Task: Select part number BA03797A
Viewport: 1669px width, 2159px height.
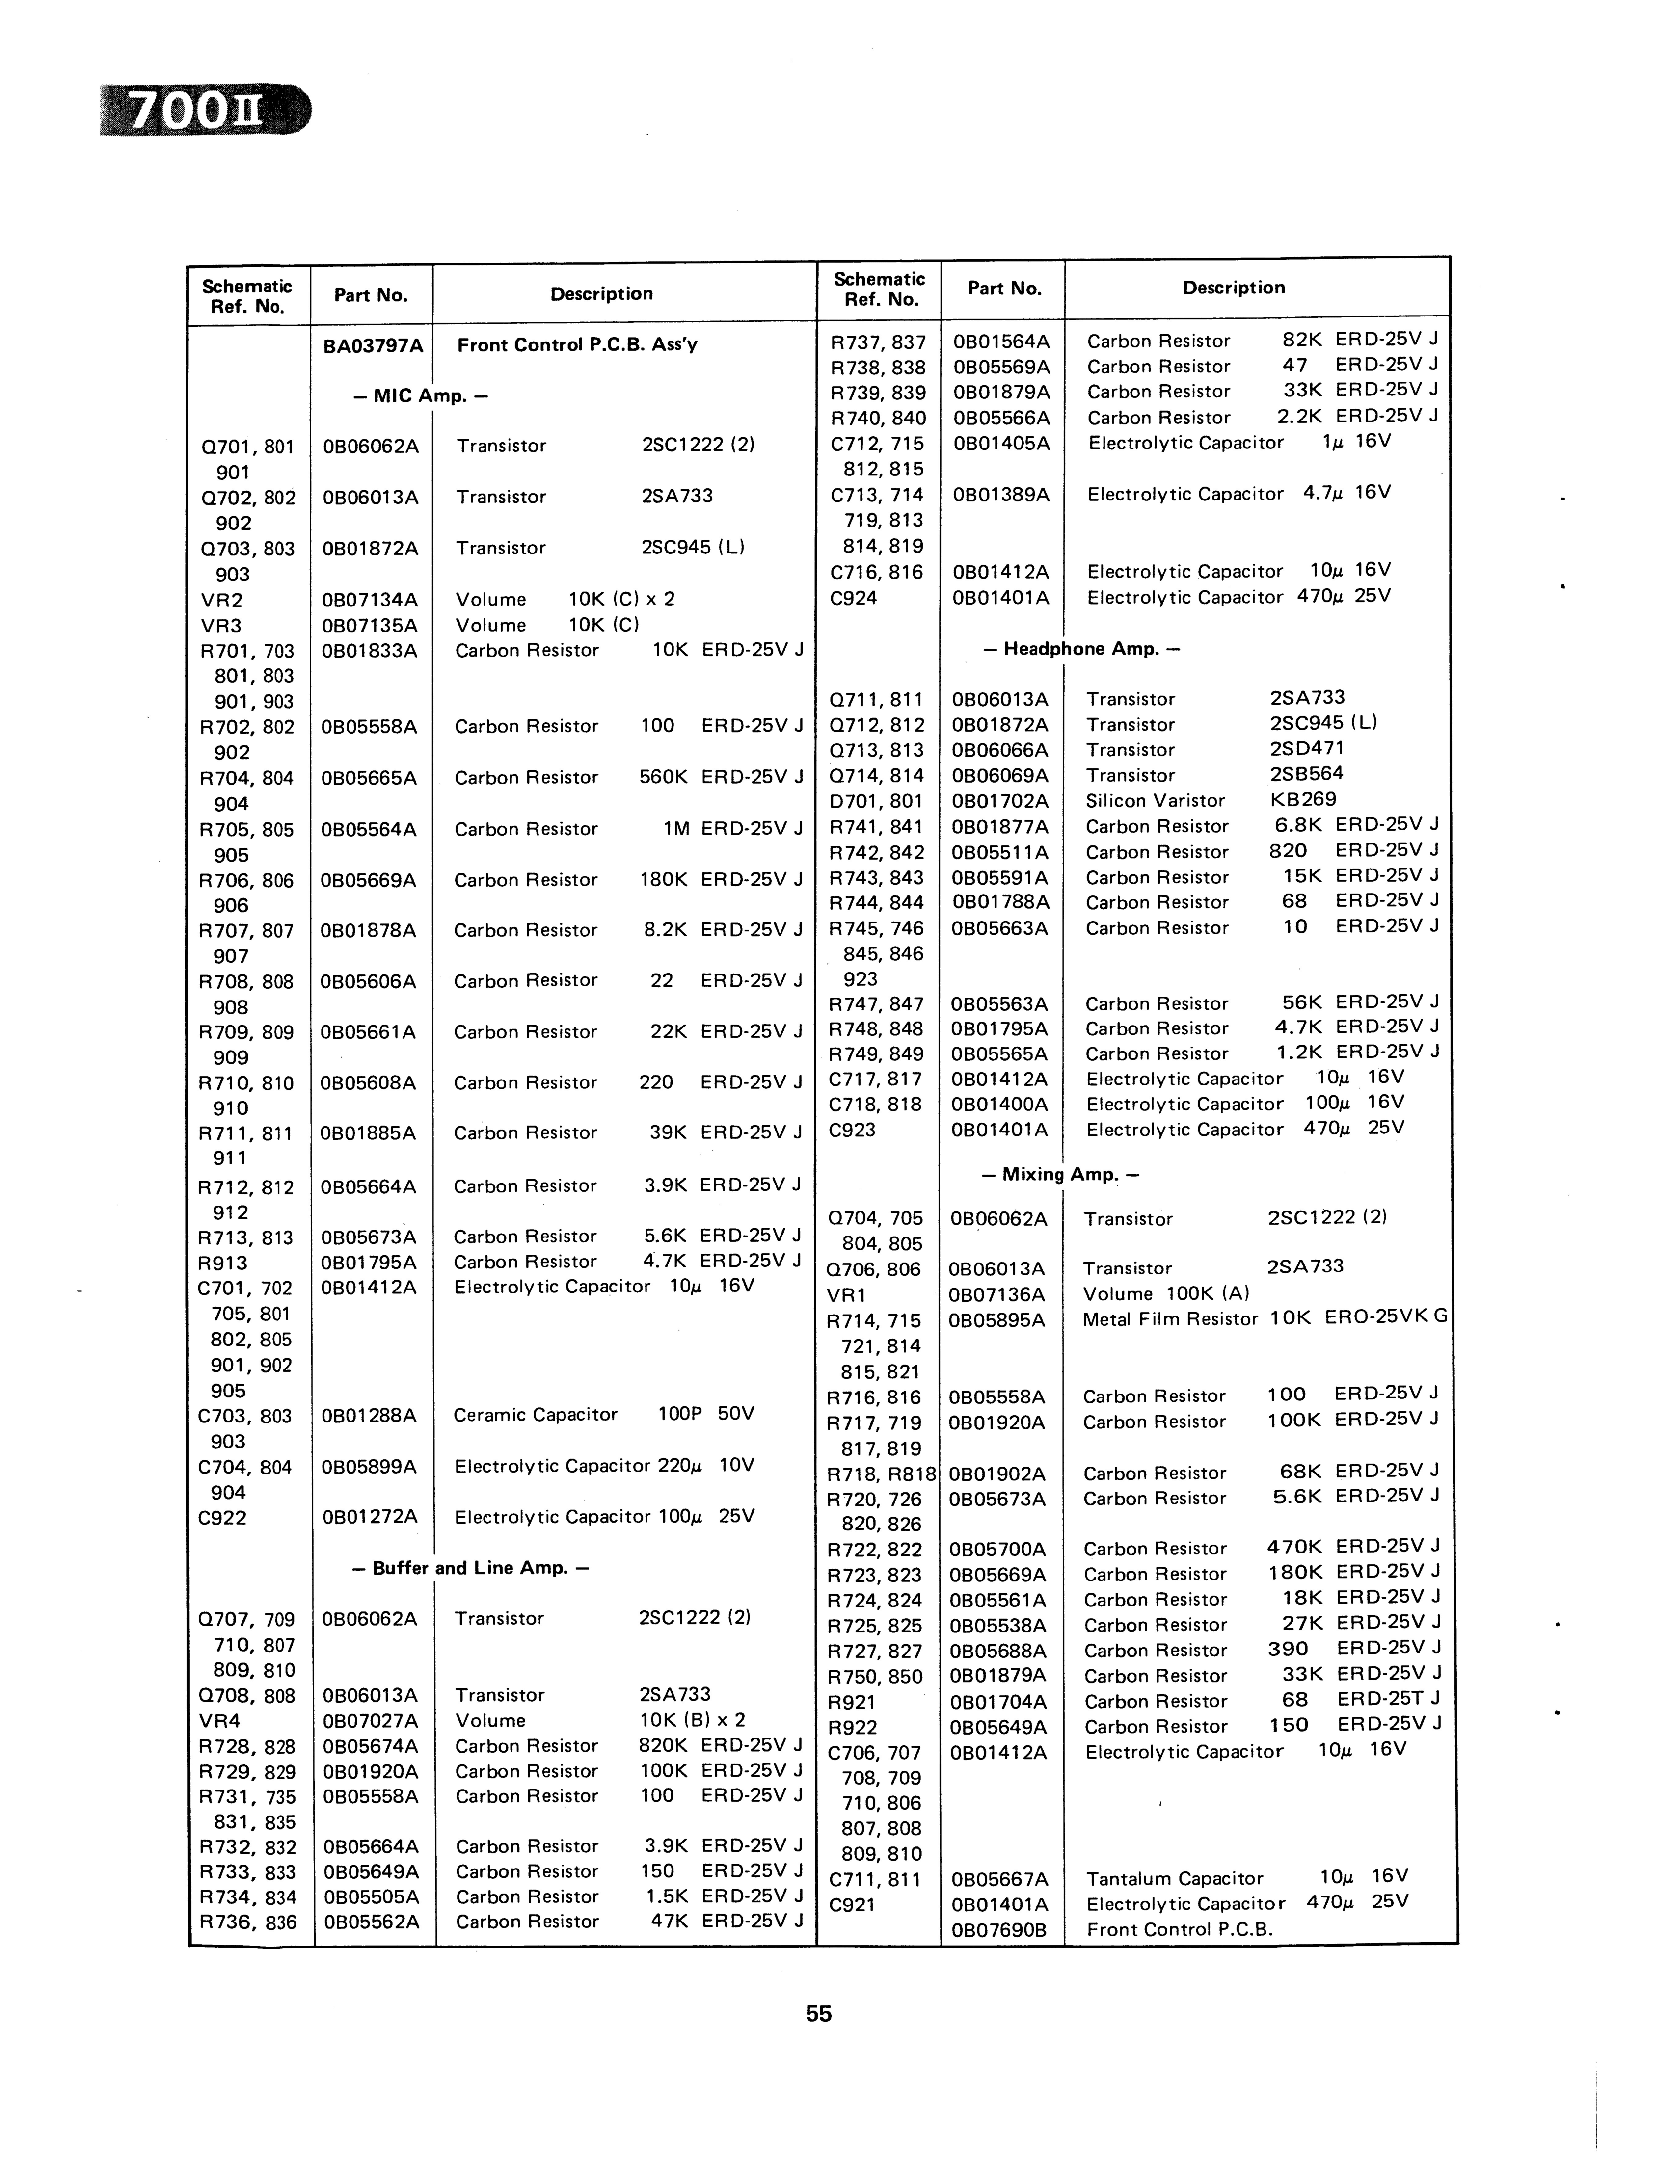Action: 373,346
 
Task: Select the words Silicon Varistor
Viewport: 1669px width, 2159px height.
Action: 1155,801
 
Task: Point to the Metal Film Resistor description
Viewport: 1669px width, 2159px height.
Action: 1170,1319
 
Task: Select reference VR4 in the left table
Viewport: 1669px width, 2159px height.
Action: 219,1720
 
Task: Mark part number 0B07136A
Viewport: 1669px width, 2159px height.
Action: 996,1294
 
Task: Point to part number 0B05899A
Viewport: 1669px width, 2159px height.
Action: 370,1466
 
